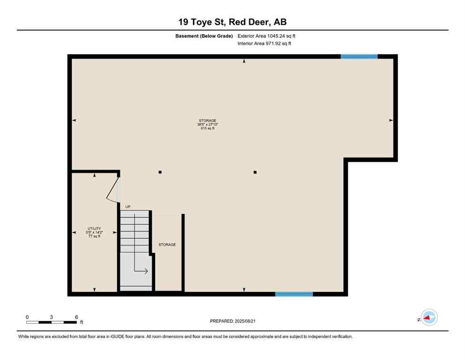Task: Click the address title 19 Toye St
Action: pyautogui.click(x=232, y=22)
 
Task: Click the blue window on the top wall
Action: pyautogui.click(x=359, y=56)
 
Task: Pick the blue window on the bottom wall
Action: pyautogui.click(x=294, y=294)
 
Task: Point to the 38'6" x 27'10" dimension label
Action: pyautogui.click(x=207, y=124)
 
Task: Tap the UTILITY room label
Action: pyautogui.click(x=95, y=228)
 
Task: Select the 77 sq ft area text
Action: pyautogui.click(x=95, y=236)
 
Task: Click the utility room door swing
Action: pyautogui.click(x=113, y=190)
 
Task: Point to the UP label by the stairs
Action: pyautogui.click(x=127, y=206)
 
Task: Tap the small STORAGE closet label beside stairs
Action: pyautogui.click(x=167, y=245)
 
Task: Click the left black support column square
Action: pyautogui.click(x=160, y=172)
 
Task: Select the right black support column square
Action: pyautogui.click(x=255, y=172)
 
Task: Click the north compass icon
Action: pyautogui.click(x=428, y=317)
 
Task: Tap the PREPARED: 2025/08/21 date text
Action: pyautogui.click(x=232, y=321)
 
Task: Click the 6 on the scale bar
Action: pyautogui.click(x=76, y=317)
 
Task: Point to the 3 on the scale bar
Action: pyautogui.click(x=52, y=317)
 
